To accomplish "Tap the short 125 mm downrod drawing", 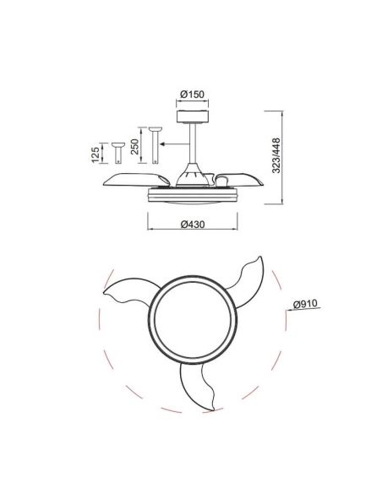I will point(102,153).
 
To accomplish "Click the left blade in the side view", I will point(135,179).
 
